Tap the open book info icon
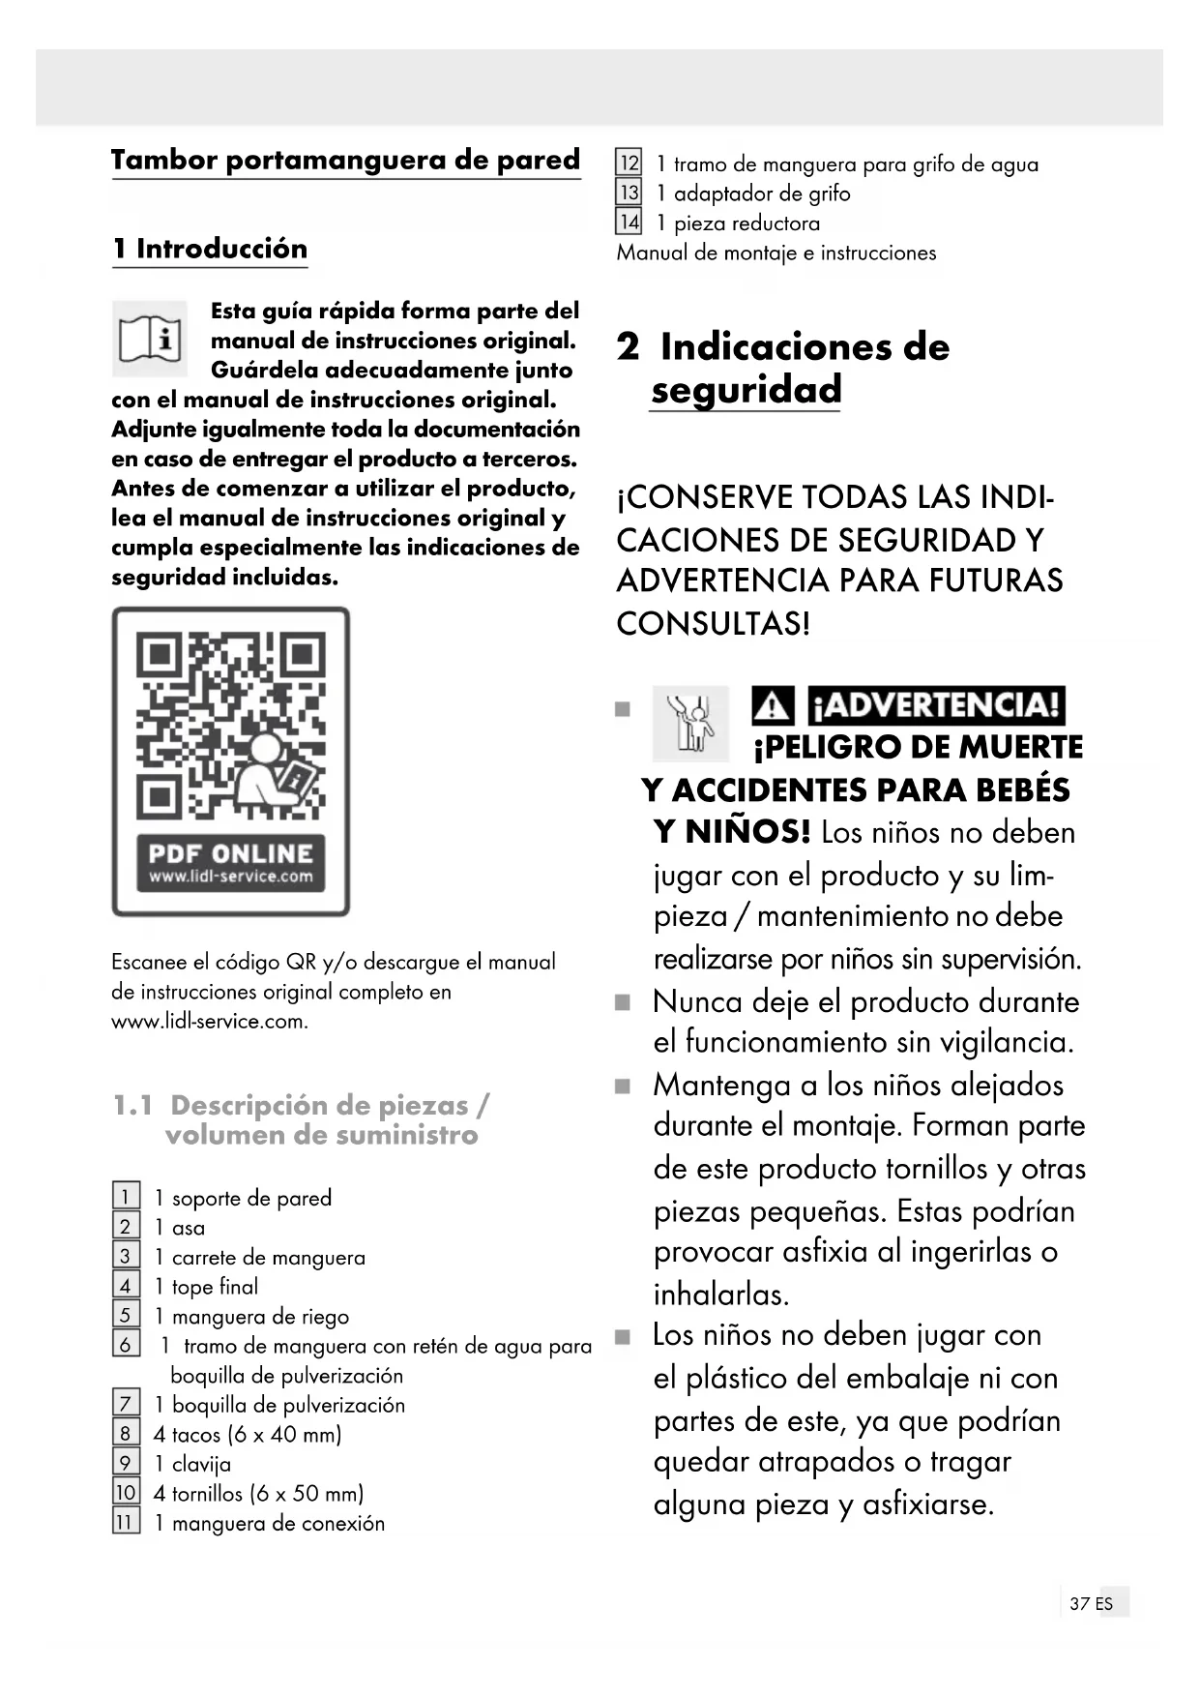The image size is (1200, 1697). pos(150,339)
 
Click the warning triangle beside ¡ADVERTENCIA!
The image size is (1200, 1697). pos(773,706)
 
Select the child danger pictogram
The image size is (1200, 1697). pos(690,724)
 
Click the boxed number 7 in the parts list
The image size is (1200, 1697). pos(125,1404)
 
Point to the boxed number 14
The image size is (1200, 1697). pos(629,223)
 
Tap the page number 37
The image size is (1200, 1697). pos(1079,1603)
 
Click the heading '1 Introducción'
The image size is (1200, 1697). pos(210,249)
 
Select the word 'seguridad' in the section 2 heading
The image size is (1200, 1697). pos(746,390)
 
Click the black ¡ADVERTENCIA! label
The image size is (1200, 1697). pos(936,705)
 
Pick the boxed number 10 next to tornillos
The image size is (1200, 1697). pos(126,1493)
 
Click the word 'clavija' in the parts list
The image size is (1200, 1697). pos(201,1464)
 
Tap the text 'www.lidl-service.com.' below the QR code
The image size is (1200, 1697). pos(210,1021)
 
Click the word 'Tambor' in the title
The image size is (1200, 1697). pos(163,160)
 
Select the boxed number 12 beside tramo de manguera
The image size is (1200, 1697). pos(629,164)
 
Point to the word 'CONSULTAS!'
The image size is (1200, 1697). pos(714,623)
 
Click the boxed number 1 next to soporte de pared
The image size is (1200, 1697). pos(125,1197)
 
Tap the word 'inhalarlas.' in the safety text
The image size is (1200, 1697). pos(721,1294)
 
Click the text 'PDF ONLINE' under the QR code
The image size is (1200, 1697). pos(230,853)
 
